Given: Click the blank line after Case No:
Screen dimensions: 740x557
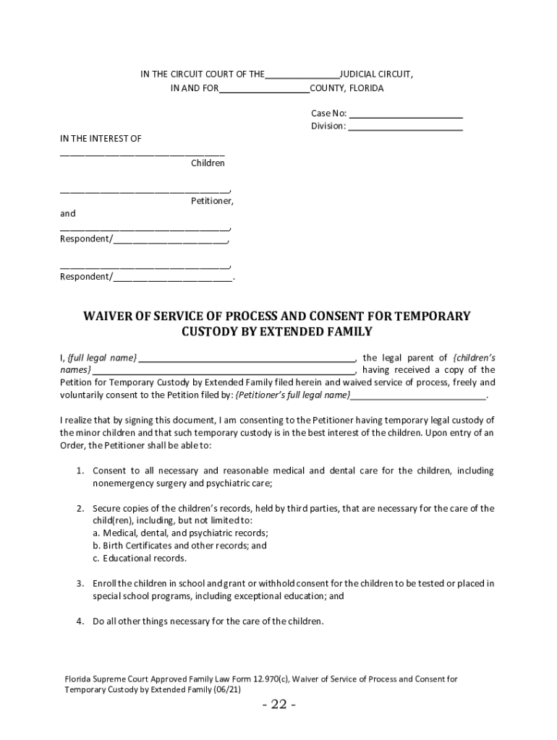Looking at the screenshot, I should (406, 114).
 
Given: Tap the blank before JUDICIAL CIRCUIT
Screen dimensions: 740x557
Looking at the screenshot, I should (302, 74).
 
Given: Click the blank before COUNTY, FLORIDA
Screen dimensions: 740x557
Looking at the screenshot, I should (264, 89).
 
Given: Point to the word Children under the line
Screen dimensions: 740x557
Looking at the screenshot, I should (208, 163).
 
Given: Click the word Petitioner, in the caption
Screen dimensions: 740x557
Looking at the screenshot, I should (212, 201).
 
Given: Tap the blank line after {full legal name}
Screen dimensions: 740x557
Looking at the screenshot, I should (247, 358).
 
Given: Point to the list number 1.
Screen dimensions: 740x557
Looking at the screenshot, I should (81, 470).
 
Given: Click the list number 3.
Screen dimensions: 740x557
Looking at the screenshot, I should (81, 583).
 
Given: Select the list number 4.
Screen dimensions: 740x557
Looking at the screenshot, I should (81, 621).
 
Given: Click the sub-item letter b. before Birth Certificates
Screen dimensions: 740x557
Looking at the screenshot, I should (96, 546).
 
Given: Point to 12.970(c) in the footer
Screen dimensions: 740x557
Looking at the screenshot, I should (284, 679).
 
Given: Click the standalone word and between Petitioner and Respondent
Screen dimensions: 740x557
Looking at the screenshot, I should (67, 214).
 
